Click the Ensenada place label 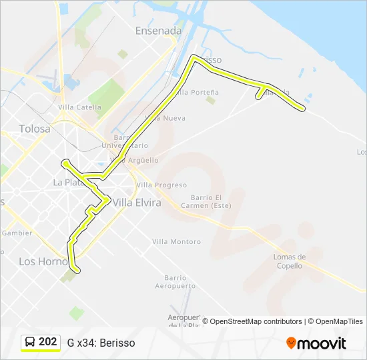coord(158,31)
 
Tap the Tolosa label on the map coord(35,129)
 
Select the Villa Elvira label coord(137,203)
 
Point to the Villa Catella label coord(79,107)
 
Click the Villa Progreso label coord(161,185)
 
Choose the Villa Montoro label coord(176,242)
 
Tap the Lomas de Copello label coord(290,261)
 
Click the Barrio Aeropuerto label coord(175,281)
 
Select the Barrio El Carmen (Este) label coord(206,201)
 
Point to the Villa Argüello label coord(138,160)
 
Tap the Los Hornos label coord(43,261)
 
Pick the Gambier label coord(17,233)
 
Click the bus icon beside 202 coord(31,342)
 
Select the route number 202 coord(47,342)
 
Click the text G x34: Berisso coord(101,343)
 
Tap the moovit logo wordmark coord(322,343)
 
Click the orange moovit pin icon coord(291,343)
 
